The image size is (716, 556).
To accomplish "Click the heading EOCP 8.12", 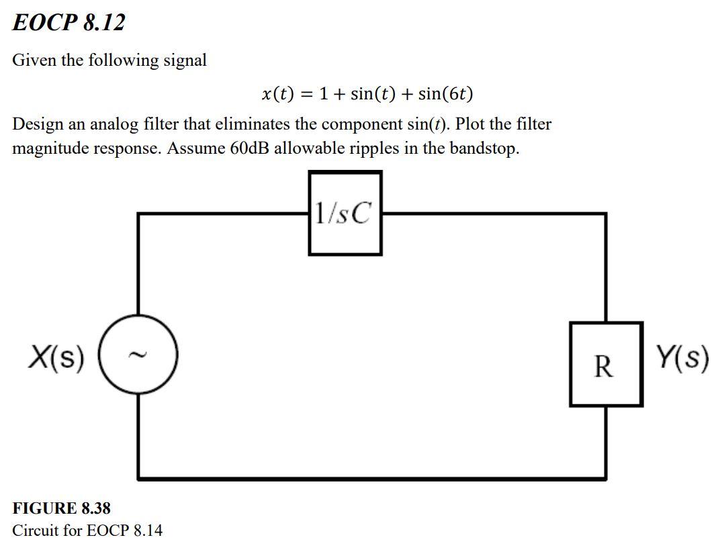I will [69, 23].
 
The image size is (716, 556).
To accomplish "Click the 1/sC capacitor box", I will [345, 214].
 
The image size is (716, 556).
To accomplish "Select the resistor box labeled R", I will [605, 365].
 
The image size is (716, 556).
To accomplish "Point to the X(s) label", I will [56, 357].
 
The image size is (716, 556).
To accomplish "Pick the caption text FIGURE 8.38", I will [62, 508].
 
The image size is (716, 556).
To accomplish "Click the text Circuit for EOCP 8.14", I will [87, 530].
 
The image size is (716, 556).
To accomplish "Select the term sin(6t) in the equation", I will [445, 94].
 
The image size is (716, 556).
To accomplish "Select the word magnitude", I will [51, 148].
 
